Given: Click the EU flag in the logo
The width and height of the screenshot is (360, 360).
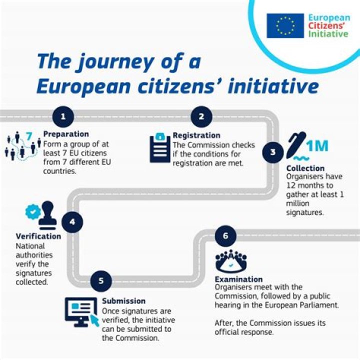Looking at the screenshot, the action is pyautogui.click(x=285, y=25).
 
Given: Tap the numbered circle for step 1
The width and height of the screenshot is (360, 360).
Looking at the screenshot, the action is pyautogui.click(x=63, y=116).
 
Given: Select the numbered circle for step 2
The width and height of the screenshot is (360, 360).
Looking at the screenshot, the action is pyautogui.click(x=201, y=116).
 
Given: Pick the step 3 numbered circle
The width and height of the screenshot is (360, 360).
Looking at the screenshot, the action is pyautogui.click(x=273, y=152).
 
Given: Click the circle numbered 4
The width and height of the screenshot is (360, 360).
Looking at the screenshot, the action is pyautogui.click(x=72, y=222).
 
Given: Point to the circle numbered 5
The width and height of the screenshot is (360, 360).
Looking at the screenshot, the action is pyautogui.click(x=101, y=281).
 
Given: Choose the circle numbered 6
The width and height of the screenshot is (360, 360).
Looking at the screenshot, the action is pyautogui.click(x=225, y=236).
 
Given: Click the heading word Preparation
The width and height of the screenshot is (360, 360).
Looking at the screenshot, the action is pyautogui.click(x=66, y=134).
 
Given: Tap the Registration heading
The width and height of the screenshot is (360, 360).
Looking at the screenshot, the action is pyautogui.click(x=196, y=135).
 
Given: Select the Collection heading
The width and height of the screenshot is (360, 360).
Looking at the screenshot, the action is pyautogui.click(x=305, y=168).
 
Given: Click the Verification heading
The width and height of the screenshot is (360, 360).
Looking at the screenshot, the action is pyautogui.click(x=38, y=236).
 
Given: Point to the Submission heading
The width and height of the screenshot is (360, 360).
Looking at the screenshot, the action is pyautogui.click(x=124, y=301).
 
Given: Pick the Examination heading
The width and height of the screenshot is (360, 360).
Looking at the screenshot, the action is pyautogui.click(x=239, y=279).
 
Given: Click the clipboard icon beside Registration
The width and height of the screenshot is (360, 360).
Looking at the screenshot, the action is pyautogui.click(x=160, y=147).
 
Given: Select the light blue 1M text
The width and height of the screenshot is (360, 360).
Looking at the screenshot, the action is pyautogui.click(x=317, y=146).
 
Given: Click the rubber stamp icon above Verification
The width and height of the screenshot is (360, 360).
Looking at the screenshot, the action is pyautogui.click(x=48, y=215).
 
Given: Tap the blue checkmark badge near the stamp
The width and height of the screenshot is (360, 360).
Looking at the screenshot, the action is pyautogui.click(x=33, y=211).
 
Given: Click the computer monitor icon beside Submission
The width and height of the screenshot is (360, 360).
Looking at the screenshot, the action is pyautogui.click(x=81, y=312).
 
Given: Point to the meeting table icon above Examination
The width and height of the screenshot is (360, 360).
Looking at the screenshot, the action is pyautogui.click(x=231, y=261).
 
